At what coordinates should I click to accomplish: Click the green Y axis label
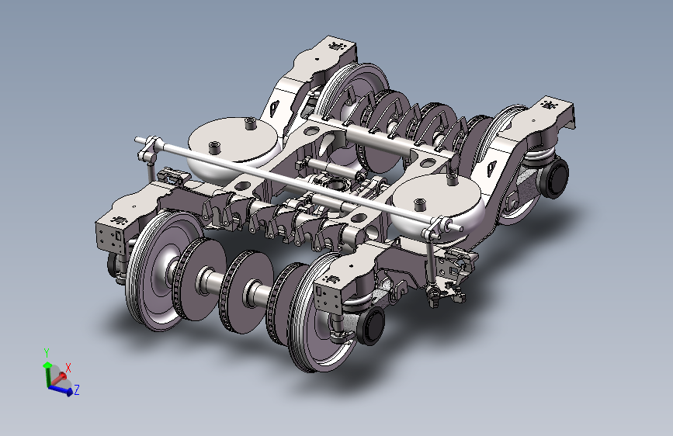pyautogui.click(x=47, y=353)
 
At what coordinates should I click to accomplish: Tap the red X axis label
pyautogui.click(x=68, y=368)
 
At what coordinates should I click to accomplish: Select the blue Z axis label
pyautogui.click(x=77, y=390)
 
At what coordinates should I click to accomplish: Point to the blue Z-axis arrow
pyautogui.click(x=60, y=389)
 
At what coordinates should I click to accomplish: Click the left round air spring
pyautogui.click(x=233, y=146)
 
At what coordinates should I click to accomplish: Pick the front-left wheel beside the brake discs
pyautogui.click(x=161, y=270)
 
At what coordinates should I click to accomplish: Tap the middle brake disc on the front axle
pyautogui.click(x=245, y=292)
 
